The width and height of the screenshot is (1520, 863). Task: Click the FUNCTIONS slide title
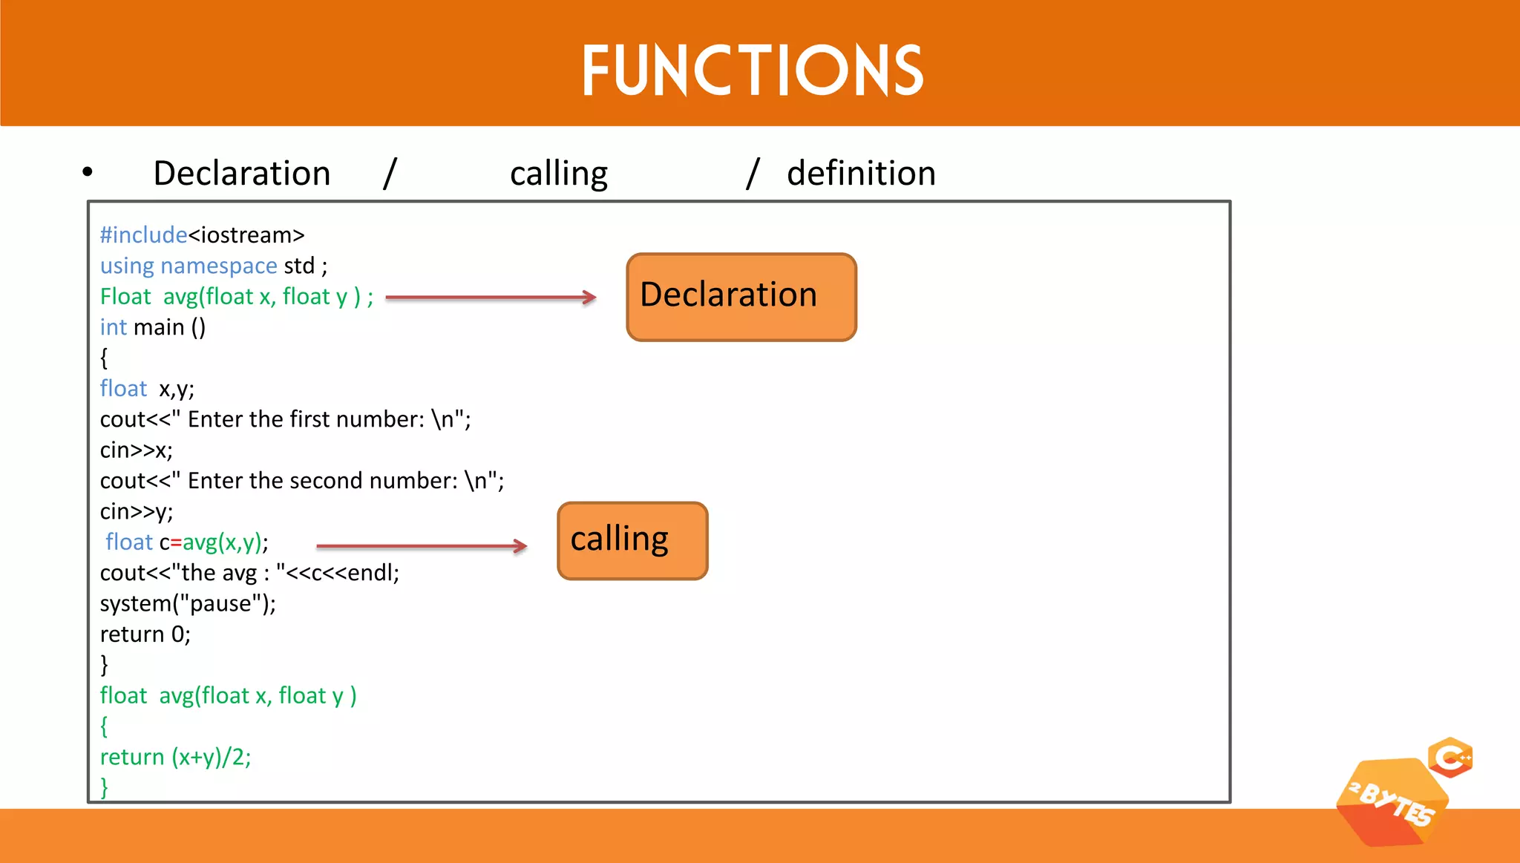coord(753,70)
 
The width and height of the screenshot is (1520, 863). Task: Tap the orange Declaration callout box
coord(741,297)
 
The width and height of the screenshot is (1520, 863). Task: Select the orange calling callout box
coord(632,540)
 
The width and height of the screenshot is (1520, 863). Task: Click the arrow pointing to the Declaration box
coord(491,298)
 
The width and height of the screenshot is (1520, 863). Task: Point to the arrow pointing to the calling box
coord(421,546)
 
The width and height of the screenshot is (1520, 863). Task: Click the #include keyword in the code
coord(143,235)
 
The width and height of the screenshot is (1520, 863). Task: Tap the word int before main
coord(113,327)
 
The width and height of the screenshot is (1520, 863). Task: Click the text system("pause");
coord(188,603)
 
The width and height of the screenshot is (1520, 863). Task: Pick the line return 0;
coord(145,634)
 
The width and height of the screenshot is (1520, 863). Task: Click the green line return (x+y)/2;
coord(176,757)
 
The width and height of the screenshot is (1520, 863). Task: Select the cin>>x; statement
coord(137,450)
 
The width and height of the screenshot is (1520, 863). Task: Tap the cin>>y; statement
coord(137,512)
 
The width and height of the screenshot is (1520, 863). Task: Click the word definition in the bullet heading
coord(861,174)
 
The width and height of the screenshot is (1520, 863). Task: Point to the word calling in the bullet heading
coord(559,174)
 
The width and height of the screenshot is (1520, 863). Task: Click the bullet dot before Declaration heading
coord(88,172)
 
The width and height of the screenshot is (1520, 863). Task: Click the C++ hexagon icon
coord(1451,758)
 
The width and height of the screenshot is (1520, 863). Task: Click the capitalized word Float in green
coord(125,297)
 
